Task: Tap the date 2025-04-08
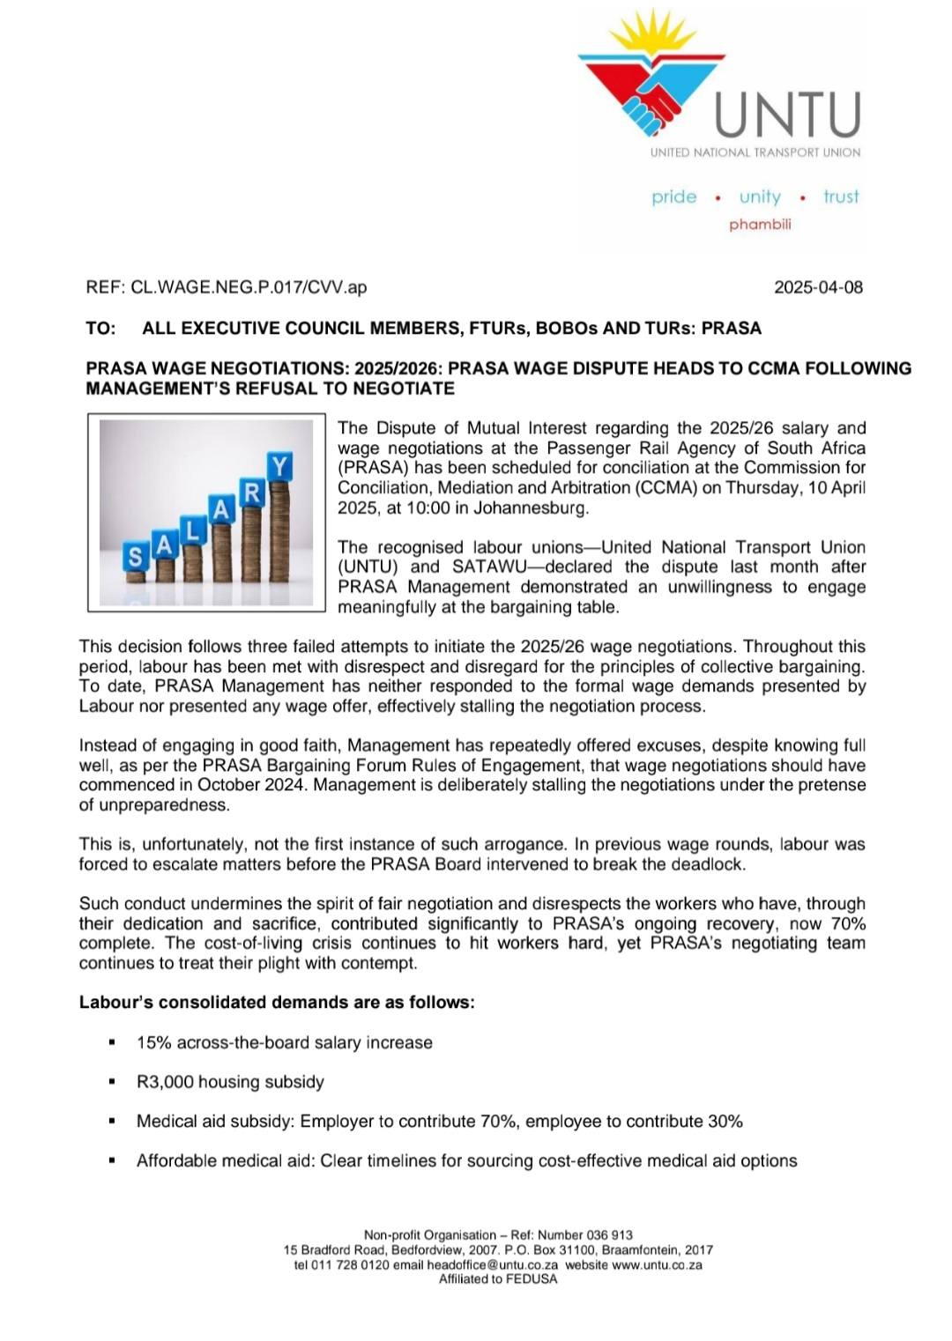(x=818, y=287)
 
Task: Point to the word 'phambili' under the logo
(x=760, y=225)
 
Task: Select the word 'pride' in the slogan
(x=674, y=196)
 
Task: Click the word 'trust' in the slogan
(x=841, y=196)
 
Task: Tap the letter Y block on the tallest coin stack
(x=280, y=465)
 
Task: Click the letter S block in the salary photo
(x=136, y=557)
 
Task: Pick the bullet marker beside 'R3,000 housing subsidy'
(x=112, y=1082)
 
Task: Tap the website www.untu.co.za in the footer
(x=657, y=1265)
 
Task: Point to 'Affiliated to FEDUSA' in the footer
(x=498, y=1279)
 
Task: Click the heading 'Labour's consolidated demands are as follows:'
(x=277, y=1003)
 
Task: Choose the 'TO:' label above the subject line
(x=100, y=329)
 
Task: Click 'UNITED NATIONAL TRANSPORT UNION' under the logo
(x=755, y=152)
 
